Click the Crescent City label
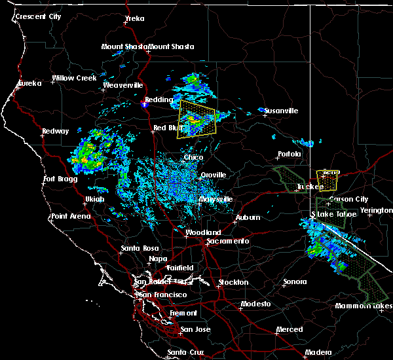[x=39, y=16]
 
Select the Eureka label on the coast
[x=29, y=83]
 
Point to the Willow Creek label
[x=74, y=78]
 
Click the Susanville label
[x=282, y=111]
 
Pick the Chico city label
[x=193, y=157]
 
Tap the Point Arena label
[x=71, y=216]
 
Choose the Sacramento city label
[x=227, y=241]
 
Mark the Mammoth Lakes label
[x=365, y=306]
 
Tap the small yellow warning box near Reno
[x=328, y=177]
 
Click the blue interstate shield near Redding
[x=147, y=103]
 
